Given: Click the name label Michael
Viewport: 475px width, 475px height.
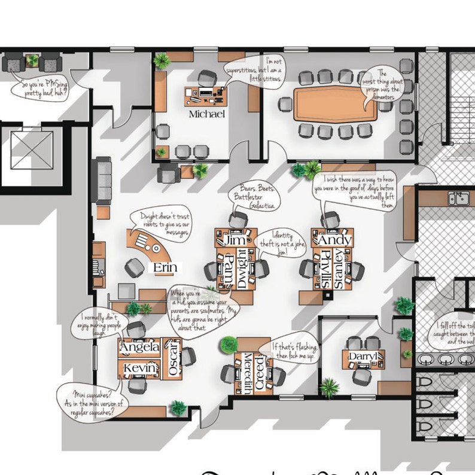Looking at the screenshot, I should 206,114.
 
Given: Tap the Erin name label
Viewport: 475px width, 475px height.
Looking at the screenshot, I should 165,268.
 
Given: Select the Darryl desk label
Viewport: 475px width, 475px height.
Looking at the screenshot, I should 363,358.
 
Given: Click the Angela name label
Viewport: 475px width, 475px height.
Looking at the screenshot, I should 139,347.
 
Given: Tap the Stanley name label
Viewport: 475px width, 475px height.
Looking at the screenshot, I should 339,270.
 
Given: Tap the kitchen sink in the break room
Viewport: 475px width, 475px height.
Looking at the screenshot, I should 459,198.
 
